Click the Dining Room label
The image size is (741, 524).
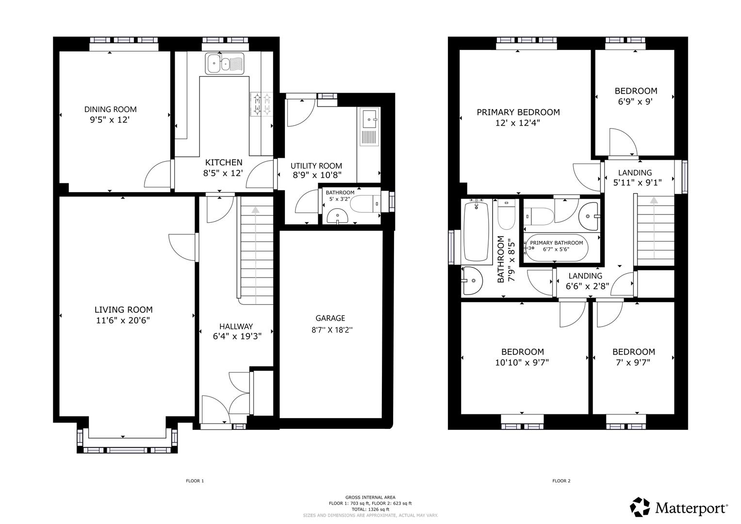(x=110, y=109)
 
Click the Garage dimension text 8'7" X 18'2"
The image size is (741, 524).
(x=332, y=330)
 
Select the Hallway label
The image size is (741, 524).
(x=236, y=327)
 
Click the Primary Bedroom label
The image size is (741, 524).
(x=518, y=112)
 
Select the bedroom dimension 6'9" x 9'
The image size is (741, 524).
(x=636, y=102)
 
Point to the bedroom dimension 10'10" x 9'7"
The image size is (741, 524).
(x=522, y=362)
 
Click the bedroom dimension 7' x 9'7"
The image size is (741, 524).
(x=633, y=362)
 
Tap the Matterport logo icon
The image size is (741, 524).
(x=640, y=507)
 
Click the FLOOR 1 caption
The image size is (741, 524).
(x=195, y=481)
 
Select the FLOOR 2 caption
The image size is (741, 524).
(x=561, y=481)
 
